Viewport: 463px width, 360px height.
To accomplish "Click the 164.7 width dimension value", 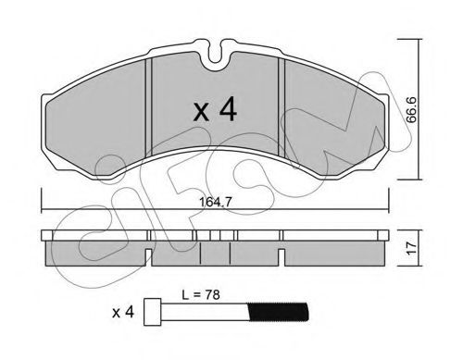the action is pos(216,203).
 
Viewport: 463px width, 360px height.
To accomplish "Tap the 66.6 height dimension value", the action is pos(411,110).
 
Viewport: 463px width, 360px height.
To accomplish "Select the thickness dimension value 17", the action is pos(412,248).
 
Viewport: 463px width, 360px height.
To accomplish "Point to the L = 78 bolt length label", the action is pos(201,295).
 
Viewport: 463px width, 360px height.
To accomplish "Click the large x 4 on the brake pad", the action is pos(215,110).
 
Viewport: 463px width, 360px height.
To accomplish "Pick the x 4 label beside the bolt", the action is pos(123,313).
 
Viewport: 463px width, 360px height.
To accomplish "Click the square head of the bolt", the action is pos(153,312).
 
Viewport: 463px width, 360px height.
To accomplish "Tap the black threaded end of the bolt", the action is pos(279,312).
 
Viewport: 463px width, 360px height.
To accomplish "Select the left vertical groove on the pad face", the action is pos(149,106).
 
